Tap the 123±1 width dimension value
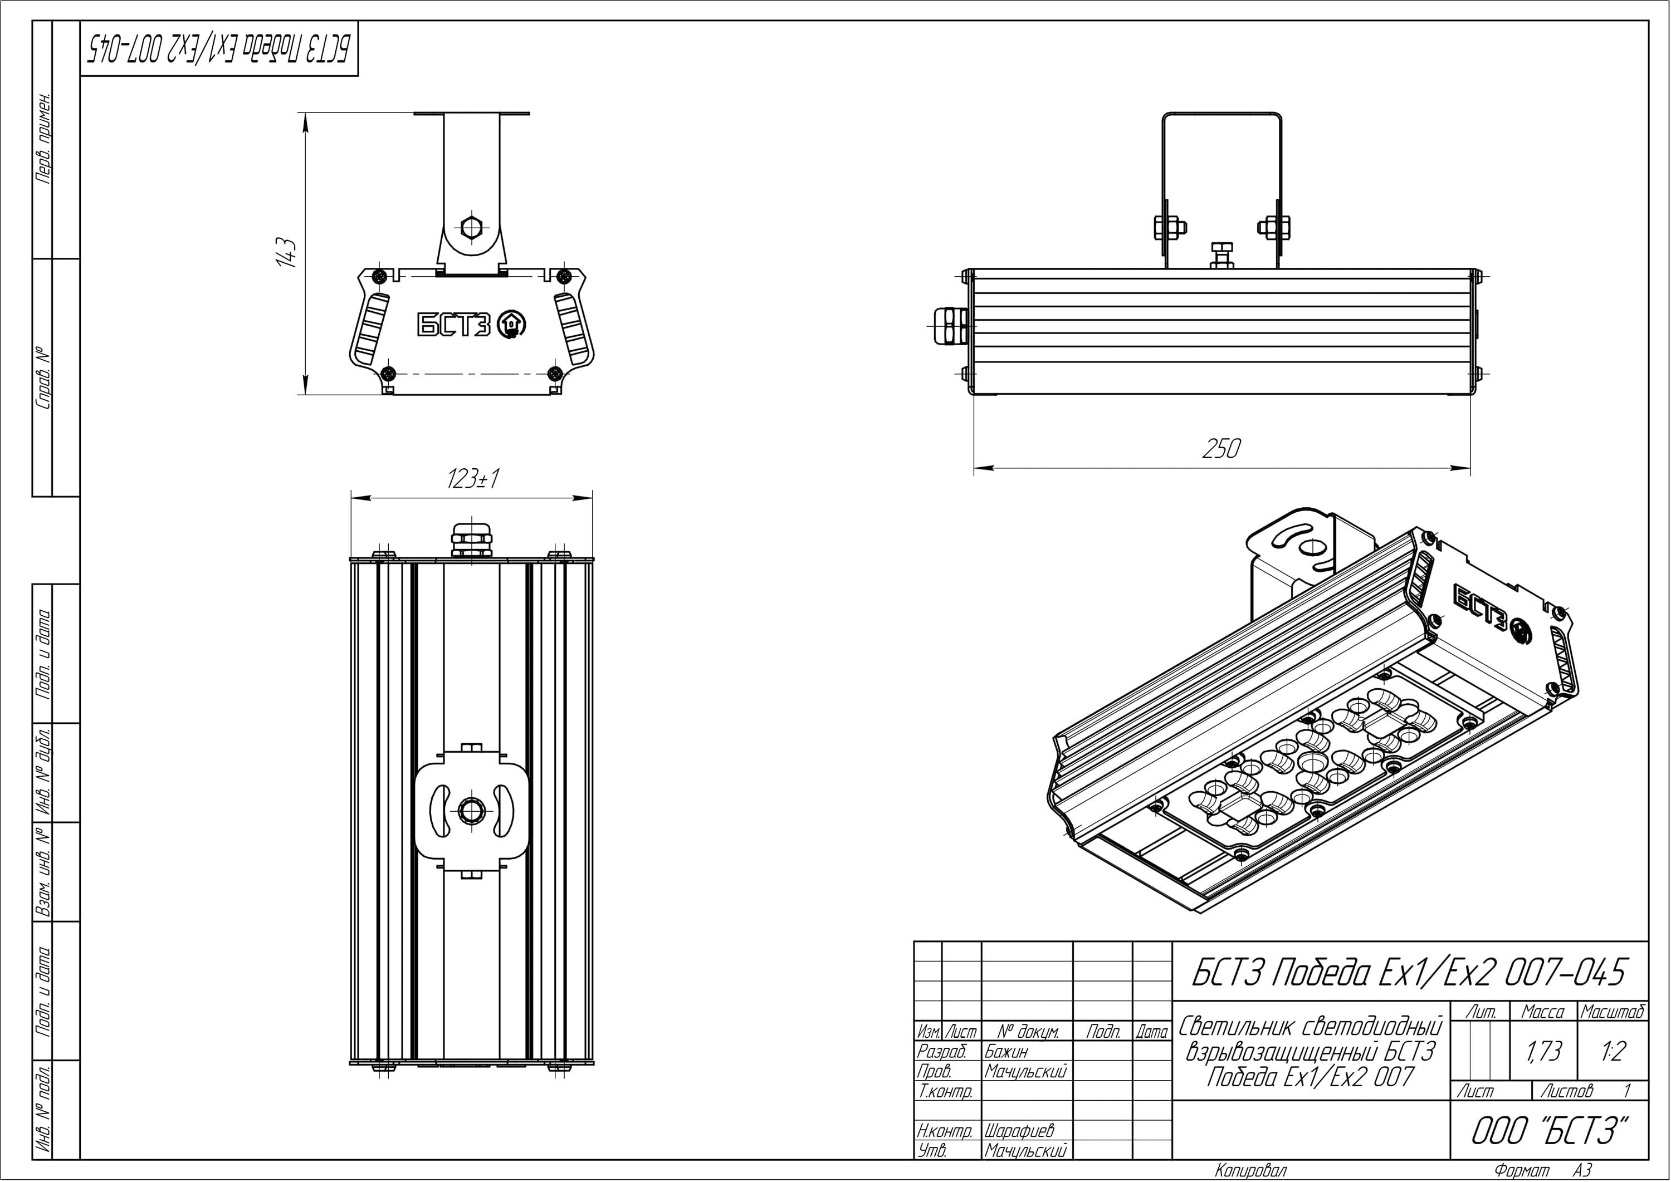473,479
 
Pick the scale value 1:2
1614,1051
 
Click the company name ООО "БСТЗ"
1550,1130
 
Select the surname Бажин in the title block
1006,1051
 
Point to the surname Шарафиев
1019,1130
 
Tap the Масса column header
1543,1012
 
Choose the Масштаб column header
1613,1012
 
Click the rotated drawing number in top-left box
218,49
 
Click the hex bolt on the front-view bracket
471,227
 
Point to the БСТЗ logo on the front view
470,325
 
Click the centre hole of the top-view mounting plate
471,808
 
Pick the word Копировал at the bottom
1251,1170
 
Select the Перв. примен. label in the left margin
43,138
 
